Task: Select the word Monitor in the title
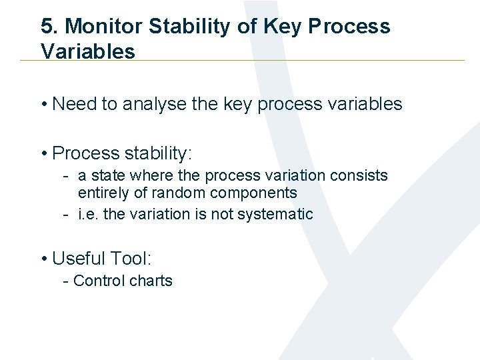(104, 27)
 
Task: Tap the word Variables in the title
(87, 51)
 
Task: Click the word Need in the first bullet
(73, 104)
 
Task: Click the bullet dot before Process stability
(43, 153)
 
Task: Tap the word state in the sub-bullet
(108, 176)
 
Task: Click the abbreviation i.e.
(87, 214)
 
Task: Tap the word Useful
(79, 258)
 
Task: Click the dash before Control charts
(65, 281)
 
